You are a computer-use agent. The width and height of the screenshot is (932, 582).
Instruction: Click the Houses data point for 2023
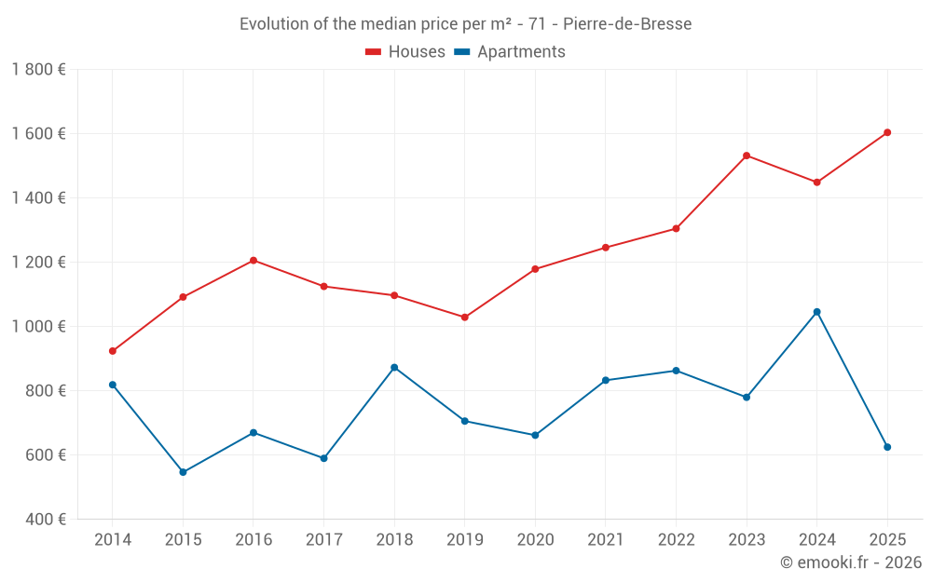click(x=747, y=156)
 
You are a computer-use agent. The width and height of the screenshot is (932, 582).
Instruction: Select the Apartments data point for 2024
click(x=817, y=312)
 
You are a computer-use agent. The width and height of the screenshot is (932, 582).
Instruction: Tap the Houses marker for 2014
click(x=113, y=351)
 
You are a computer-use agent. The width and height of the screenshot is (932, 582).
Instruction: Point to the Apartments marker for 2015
click(x=183, y=472)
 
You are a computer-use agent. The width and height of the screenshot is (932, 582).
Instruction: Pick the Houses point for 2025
click(x=887, y=132)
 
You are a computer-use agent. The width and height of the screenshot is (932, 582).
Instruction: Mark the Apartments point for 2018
click(x=394, y=367)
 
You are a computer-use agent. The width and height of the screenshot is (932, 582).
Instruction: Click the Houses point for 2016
click(x=254, y=261)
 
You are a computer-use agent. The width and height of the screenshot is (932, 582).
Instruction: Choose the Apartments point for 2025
click(x=887, y=447)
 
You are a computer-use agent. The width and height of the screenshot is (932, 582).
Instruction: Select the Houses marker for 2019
click(x=465, y=318)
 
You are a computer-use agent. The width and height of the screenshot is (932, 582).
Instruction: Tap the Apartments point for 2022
click(x=677, y=371)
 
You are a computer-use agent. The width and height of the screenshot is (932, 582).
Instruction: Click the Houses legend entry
click(x=405, y=52)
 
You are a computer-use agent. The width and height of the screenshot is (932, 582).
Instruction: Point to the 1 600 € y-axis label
click(x=38, y=133)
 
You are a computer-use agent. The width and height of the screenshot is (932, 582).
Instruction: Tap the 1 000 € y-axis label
click(x=38, y=326)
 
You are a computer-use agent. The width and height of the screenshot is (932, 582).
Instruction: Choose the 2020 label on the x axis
click(x=535, y=540)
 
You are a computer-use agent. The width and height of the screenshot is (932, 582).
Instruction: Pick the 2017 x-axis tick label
click(x=323, y=540)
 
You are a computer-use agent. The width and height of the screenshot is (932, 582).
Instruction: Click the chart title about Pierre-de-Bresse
click(x=465, y=24)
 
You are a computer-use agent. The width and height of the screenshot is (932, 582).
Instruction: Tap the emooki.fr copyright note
click(x=851, y=562)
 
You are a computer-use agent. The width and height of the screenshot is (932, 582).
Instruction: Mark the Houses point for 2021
click(x=606, y=248)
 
